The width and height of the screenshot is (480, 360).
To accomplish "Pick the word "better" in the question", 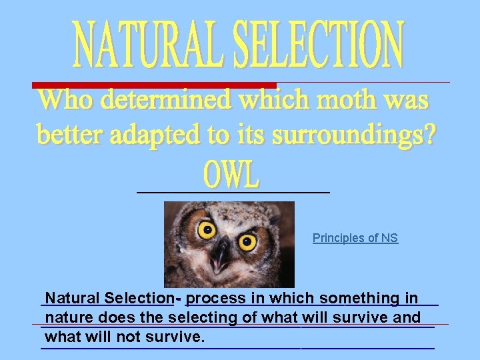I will tap(71, 135).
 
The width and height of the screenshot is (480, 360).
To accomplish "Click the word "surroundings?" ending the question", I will tap(361, 135).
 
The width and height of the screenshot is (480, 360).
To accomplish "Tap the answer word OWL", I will tap(231, 175).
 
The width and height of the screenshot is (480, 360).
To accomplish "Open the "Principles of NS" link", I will tap(355, 238).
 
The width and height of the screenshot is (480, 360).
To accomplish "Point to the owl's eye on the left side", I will tap(207, 231).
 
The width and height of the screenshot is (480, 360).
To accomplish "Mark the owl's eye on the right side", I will tap(247, 241).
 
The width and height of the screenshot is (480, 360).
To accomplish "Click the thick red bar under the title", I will tap(154, 85).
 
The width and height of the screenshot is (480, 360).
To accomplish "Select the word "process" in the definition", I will tap(220, 298).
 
